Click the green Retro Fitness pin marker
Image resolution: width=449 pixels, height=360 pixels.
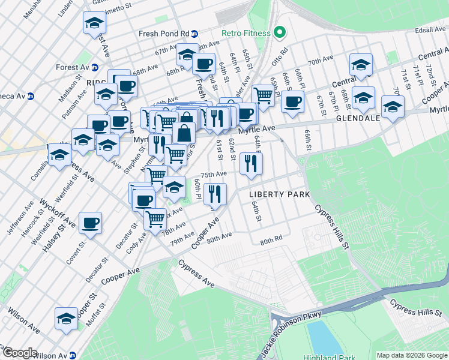coord(279,33)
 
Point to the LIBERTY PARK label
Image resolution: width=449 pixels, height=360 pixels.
coord(280,194)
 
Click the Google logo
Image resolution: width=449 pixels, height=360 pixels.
coord(19,353)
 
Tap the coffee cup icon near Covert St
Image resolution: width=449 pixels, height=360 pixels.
coord(90,223)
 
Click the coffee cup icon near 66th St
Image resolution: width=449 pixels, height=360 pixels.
coord(292,101)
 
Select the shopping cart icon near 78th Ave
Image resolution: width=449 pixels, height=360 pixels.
coord(155,218)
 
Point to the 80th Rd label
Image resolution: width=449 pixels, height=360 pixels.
coord(271,241)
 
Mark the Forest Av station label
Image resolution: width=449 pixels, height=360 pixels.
coord(68,68)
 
